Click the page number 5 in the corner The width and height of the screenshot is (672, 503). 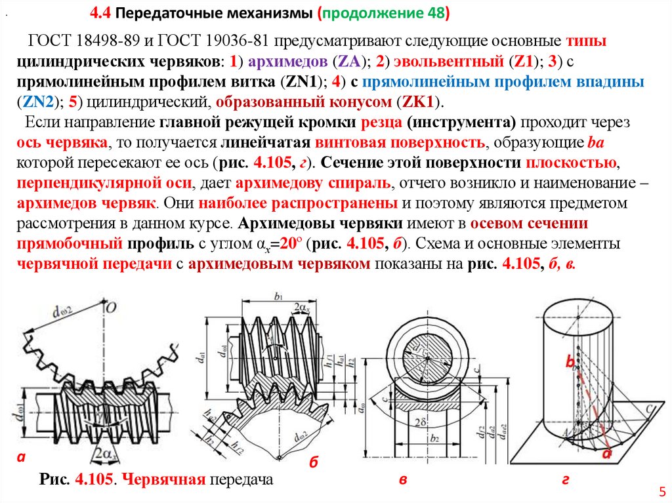[661, 491]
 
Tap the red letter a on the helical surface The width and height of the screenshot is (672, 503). [607, 453]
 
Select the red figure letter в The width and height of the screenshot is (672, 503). [404, 481]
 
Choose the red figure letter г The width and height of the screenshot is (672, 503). [565, 481]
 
